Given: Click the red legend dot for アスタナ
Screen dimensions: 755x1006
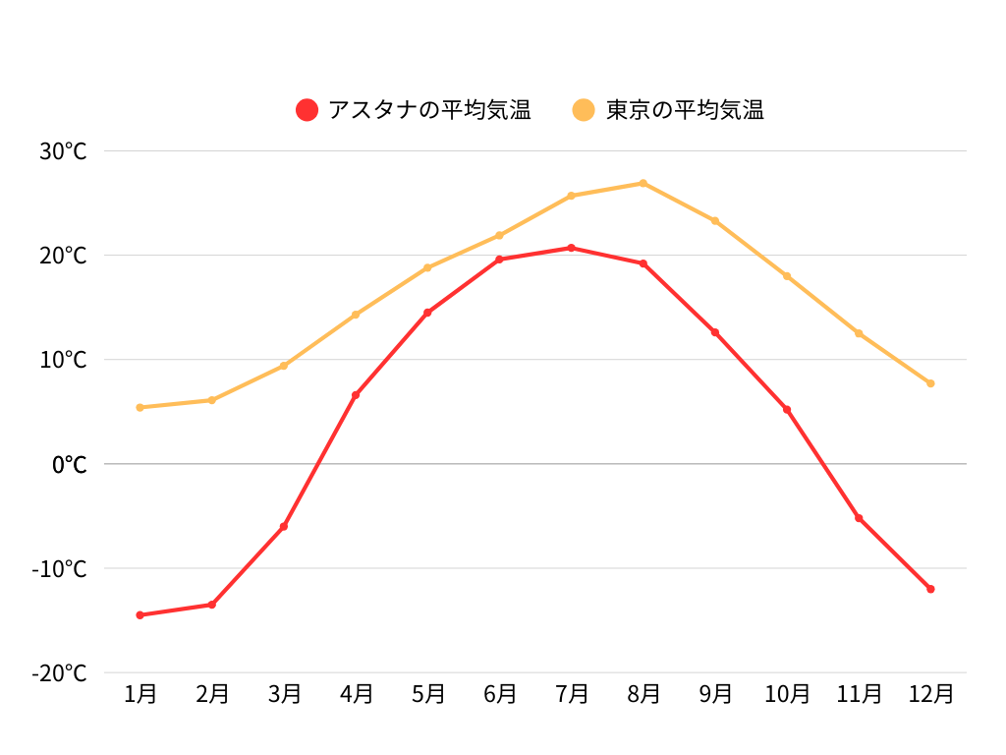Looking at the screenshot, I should (x=307, y=110).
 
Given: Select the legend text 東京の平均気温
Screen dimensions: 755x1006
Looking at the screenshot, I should (x=685, y=110).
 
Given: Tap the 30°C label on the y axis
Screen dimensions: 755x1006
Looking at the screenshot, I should (x=64, y=151).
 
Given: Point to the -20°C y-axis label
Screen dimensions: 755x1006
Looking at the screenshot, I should (x=60, y=673).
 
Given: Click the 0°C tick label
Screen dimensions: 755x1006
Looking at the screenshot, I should (x=69, y=464).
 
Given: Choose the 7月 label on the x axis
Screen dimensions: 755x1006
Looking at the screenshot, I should (x=571, y=694).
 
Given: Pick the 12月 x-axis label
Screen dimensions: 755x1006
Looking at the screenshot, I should (x=930, y=694).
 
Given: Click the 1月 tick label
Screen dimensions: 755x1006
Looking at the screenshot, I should (x=140, y=694).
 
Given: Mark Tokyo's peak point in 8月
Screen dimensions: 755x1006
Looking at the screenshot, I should (x=643, y=183).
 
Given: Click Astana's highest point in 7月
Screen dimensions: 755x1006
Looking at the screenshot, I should (x=571, y=248).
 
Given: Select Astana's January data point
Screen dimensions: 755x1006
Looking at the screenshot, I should (x=140, y=615).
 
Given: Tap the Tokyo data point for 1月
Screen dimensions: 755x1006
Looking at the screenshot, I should (x=140, y=407).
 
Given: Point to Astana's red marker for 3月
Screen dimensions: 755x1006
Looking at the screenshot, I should (x=284, y=527).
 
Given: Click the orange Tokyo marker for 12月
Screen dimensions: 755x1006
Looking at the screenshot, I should (x=930, y=383).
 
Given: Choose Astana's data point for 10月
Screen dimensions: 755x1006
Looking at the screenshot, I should (x=787, y=409).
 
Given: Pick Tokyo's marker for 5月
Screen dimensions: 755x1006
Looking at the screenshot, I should (x=427, y=267).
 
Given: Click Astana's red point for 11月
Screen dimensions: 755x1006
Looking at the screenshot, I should (x=859, y=518).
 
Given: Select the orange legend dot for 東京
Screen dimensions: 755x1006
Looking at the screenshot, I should (x=585, y=110).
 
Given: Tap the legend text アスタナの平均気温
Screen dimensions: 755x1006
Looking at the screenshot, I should (x=429, y=110).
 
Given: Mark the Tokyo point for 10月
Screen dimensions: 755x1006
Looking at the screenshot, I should (x=787, y=276).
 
